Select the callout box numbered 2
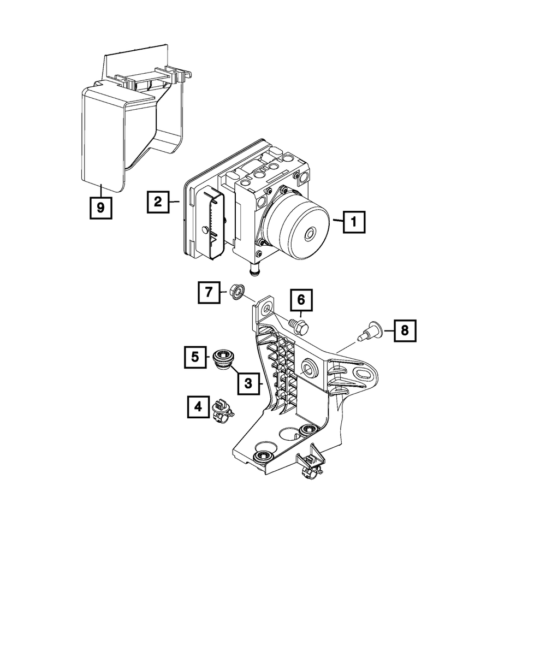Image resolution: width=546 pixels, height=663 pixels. tap(157, 202)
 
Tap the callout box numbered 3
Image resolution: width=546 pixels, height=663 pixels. tap(248, 384)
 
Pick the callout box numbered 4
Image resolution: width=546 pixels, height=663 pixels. tap(198, 407)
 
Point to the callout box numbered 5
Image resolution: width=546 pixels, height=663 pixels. tap(194, 358)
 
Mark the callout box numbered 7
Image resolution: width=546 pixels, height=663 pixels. tap(209, 293)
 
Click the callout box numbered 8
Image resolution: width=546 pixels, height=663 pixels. tap(404, 330)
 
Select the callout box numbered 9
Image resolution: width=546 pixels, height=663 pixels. tap(100, 208)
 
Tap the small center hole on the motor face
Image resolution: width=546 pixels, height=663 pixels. tap(310, 234)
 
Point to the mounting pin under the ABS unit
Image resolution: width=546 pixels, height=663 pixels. tap(254, 270)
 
